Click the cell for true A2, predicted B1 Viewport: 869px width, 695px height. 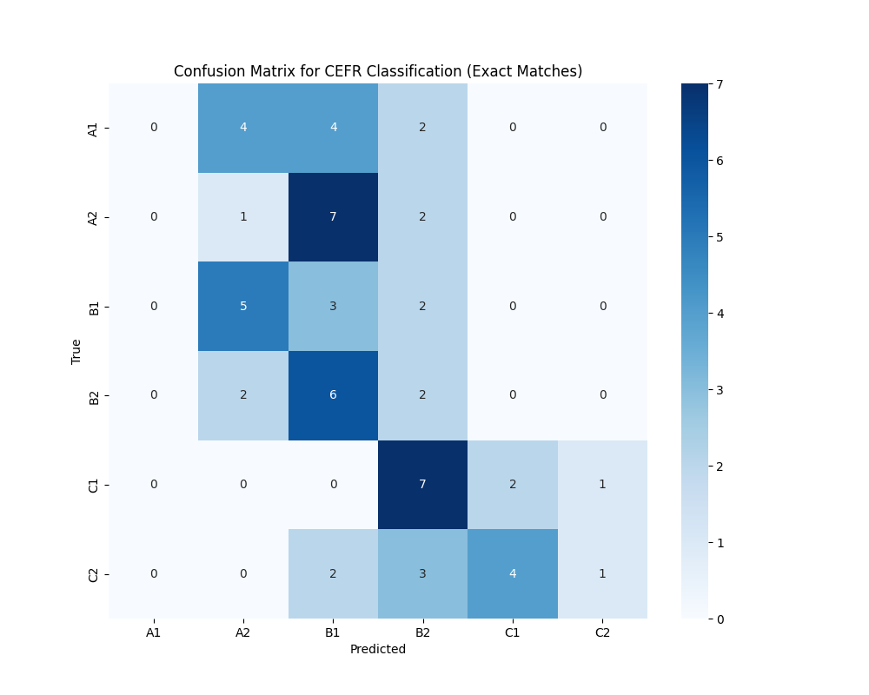(333, 217)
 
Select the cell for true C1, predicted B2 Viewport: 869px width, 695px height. (423, 484)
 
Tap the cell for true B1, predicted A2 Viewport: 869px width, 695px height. (243, 306)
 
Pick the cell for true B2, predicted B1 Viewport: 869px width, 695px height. (333, 395)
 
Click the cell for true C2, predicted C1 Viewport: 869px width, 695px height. (513, 573)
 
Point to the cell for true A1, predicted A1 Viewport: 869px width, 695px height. (154, 128)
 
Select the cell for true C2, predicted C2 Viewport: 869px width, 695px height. (602, 573)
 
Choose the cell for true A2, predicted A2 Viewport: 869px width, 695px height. (243, 217)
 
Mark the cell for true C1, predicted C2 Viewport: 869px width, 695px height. (602, 484)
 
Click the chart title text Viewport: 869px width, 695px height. (378, 71)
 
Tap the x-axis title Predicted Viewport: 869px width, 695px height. (378, 649)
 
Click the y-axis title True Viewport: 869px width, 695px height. (76, 351)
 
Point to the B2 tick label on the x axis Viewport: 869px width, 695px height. (423, 632)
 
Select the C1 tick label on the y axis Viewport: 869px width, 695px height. (93, 485)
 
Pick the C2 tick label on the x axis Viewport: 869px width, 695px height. (602, 632)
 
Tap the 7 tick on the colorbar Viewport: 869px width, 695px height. (720, 84)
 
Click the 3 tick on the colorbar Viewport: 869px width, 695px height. (720, 389)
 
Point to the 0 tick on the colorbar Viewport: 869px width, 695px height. (720, 619)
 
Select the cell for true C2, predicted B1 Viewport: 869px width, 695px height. (333, 573)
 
